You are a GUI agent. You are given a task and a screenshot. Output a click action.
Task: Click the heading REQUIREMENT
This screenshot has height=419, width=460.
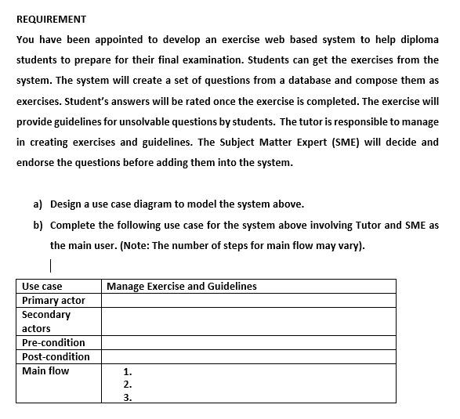tap(51, 19)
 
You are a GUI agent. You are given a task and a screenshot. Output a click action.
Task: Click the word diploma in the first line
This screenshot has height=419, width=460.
tap(419, 39)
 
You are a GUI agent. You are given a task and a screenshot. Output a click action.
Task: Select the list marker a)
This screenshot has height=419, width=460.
tap(38, 204)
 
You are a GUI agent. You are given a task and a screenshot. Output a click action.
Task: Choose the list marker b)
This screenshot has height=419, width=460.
tap(38, 225)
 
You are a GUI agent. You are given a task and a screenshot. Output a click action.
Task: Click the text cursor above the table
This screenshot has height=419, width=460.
tap(51, 265)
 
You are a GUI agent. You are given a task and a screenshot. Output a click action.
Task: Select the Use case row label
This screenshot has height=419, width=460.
tap(42, 287)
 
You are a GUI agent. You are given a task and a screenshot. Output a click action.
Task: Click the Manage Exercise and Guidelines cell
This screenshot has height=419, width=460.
tap(181, 287)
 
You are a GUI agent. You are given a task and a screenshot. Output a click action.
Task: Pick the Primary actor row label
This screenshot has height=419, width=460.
tap(53, 301)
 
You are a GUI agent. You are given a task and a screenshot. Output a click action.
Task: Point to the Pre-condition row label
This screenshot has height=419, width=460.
tap(53, 343)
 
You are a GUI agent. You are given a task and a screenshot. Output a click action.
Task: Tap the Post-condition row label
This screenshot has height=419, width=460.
tap(56, 357)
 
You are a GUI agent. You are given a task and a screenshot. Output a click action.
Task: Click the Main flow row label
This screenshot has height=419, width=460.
tap(45, 371)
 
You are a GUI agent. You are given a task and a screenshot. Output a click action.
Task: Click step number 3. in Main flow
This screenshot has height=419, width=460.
tap(128, 398)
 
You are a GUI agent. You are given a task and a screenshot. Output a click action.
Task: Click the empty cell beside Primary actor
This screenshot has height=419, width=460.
tap(248, 301)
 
